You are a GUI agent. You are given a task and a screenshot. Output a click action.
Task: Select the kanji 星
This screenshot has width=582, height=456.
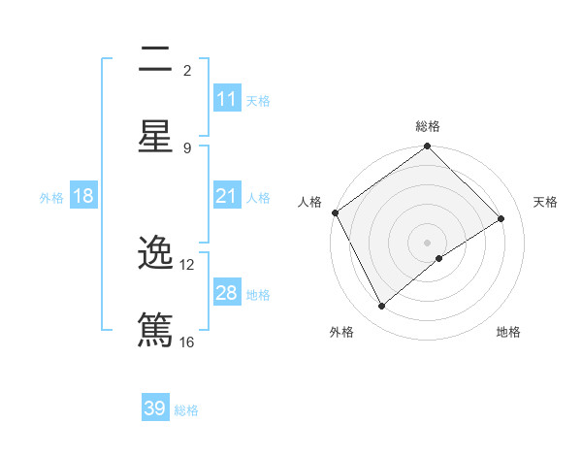tap(155, 136)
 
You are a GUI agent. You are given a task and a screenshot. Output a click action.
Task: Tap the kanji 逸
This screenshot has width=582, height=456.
tap(155, 254)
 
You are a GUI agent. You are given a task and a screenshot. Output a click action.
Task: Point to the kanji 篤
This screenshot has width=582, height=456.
tap(155, 330)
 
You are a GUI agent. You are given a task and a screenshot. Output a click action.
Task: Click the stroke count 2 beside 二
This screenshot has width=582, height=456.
tap(187, 70)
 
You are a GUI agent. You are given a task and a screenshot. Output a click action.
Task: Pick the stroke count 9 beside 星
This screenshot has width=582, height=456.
tap(187, 147)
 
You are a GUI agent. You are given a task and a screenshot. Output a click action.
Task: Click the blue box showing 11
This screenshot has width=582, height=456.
tap(227, 99)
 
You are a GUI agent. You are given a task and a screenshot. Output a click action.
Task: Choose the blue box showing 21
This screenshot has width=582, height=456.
tap(227, 196)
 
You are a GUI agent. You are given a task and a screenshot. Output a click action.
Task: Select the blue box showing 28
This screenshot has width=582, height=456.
tap(227, 293)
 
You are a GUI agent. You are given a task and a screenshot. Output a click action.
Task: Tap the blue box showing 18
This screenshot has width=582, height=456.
tap(83, 196)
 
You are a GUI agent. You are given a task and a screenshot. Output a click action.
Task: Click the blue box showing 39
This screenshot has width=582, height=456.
tap(155, 408)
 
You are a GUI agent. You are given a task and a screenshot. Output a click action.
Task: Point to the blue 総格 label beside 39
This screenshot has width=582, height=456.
tap(186, 410)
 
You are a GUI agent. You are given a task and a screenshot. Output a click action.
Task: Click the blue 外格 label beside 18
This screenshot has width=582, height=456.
tap(51, 197)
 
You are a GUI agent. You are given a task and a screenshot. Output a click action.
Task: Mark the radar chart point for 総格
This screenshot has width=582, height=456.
tap(428, 147)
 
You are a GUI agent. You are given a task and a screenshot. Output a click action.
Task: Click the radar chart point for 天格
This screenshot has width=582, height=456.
tap(501, 218)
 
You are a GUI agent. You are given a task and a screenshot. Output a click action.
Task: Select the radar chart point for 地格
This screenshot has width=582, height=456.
tap(439, 258)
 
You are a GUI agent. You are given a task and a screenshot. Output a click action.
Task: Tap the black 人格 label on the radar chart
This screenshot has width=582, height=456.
tap(309, 202)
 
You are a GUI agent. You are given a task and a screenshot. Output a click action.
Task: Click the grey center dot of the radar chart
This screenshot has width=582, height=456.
tap(428, 242)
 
